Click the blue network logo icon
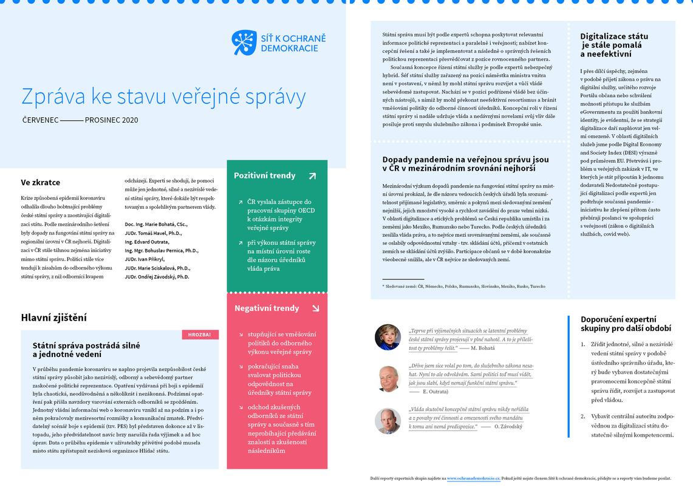(244, 43)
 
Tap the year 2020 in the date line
(130, 120)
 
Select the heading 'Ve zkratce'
(41, 182)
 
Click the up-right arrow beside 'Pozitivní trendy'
(312, 176)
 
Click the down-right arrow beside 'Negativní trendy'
(315, 308)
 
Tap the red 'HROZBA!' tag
(200, 335)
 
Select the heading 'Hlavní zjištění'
(53, 318)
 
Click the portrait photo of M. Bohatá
(387, 337)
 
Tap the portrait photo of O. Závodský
(387, 421)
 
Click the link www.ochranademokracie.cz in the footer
(473, 478)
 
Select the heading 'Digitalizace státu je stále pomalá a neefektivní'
(614, 45)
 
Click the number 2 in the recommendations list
(583, 417)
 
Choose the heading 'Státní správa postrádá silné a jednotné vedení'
(86, 349)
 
